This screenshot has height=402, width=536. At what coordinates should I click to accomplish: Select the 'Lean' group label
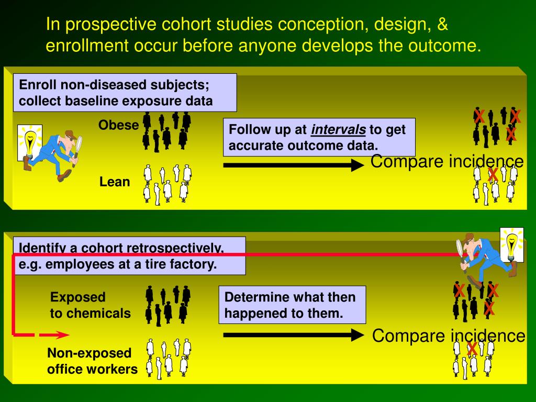tap(115, 182)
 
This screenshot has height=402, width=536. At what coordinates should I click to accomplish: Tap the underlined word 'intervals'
tap(338, 129)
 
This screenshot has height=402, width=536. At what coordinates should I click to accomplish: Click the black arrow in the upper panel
tap(293, 166)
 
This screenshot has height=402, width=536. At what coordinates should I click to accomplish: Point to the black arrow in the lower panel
tap(293, 335)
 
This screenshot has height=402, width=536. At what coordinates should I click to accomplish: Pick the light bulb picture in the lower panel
tap(511, 244)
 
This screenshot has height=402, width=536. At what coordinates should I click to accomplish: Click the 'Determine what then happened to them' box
tap(292, 305)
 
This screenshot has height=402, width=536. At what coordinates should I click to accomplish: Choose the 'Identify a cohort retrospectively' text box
tap(128, 255)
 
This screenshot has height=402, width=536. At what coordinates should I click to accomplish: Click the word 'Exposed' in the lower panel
tap(77, 297)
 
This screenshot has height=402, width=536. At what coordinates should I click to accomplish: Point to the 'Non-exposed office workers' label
tap(92, 361)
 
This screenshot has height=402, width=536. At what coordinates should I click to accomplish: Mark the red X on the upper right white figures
tap(493, 175)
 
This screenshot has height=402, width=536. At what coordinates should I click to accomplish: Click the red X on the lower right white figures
tap(472, 348)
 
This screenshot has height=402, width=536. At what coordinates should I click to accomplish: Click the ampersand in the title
tap(442, 25)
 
